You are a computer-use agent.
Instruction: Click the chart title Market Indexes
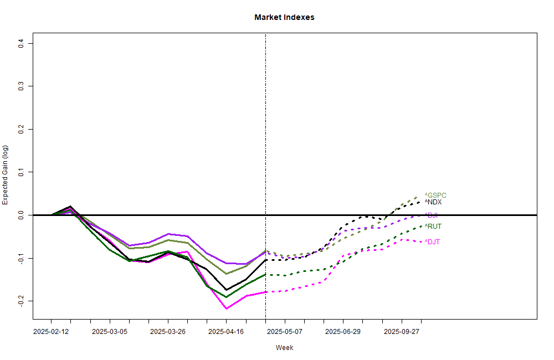(x=284, y=17)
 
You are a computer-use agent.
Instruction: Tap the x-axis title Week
(x=284, y=348)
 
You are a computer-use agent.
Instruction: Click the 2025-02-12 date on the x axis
(x=51, y=332)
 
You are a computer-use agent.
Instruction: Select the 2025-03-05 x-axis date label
(x=110, y=332)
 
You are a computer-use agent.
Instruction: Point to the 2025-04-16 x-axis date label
(x=226, y=332)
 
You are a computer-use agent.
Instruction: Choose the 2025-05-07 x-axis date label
(x=285, y=332)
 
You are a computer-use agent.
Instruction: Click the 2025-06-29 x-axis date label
(x=343, y=332)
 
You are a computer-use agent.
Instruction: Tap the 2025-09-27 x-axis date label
(x=402, y=332)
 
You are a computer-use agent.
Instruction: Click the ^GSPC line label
(x=435, y=196)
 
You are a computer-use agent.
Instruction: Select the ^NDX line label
(x=433, y=202)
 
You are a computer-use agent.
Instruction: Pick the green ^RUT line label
(x=433, y=227)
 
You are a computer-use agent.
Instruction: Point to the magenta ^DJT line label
(x=433, y=242)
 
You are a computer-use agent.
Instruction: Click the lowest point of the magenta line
(x=226, y=308)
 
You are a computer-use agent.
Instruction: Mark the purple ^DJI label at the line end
(x=432, y=215)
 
